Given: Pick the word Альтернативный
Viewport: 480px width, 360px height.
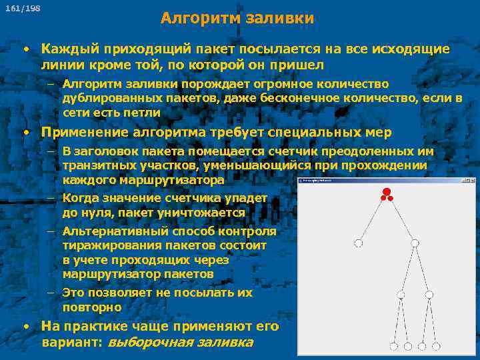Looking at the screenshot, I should [115, 231].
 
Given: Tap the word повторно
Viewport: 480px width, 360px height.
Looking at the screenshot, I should [92, 307].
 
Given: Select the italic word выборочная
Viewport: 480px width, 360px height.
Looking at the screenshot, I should [150, 343].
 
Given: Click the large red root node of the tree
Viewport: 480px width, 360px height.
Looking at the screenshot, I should [386, 193].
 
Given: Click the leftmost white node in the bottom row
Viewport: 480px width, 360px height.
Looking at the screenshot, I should [393, 347].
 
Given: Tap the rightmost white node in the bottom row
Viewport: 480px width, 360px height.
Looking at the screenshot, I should [436, 347].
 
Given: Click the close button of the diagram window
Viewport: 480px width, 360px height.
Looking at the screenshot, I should [472, 180].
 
